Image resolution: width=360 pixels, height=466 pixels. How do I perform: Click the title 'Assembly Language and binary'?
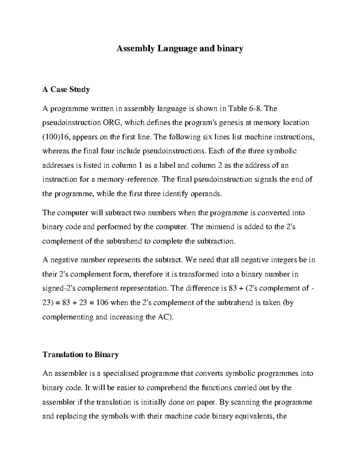pyautogui.click(x=179, y=48)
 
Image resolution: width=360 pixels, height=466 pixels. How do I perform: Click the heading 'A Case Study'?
pyautogui.click(x=66, y=89)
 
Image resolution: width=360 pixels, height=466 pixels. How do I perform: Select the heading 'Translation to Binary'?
pyautogui.click(x=80, y=355)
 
